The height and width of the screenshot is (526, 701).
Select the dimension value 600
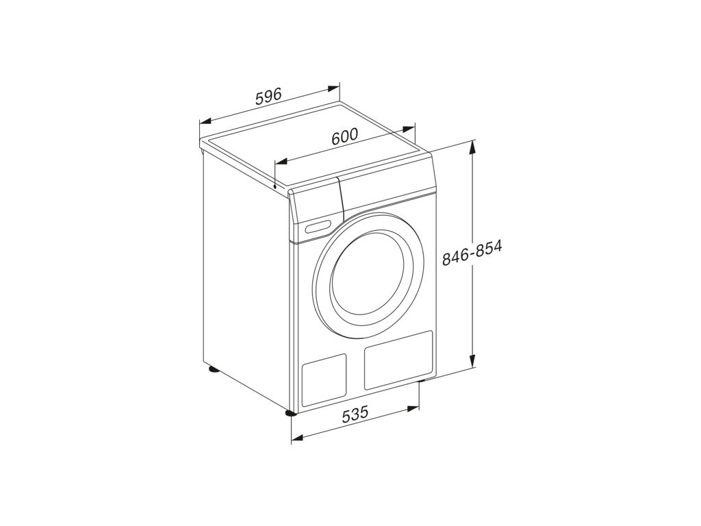345,136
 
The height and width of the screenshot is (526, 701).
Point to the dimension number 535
355,414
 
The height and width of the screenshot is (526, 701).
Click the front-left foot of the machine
291,413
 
